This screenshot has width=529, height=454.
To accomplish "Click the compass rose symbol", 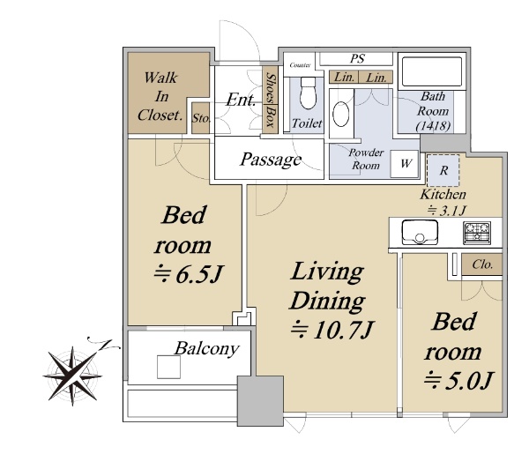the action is click(72, 375).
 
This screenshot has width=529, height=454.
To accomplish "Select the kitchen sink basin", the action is click(420, 233).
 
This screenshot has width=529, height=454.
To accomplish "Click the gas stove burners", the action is click(477, 233).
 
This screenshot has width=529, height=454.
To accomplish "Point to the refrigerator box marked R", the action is click(443, 170).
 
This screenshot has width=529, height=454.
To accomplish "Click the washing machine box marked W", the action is click(404, 164).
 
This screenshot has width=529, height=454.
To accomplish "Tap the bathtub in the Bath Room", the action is click(432, 71).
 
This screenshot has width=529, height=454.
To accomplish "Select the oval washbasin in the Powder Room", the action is click(340, 114).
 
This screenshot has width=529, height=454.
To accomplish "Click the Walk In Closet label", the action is click(160, 96).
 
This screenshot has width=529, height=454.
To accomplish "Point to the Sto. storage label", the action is click(201, 118).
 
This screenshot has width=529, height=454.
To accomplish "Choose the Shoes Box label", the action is click(271, 100).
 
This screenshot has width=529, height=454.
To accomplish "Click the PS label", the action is click(357, 59).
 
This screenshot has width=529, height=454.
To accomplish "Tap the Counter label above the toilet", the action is click(300, 64).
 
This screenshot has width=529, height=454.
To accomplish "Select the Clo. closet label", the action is click(482, 264).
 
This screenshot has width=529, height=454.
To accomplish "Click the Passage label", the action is click(271, 160).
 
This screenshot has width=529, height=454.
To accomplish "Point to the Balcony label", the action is click(207, 349).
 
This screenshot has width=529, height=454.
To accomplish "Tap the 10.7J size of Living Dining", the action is click(332, 331).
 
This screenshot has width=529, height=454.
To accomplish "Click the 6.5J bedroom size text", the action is click(189, 275).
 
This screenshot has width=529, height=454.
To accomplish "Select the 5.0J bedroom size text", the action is click(458, 381).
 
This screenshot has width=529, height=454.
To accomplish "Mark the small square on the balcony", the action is click(168, 367).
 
